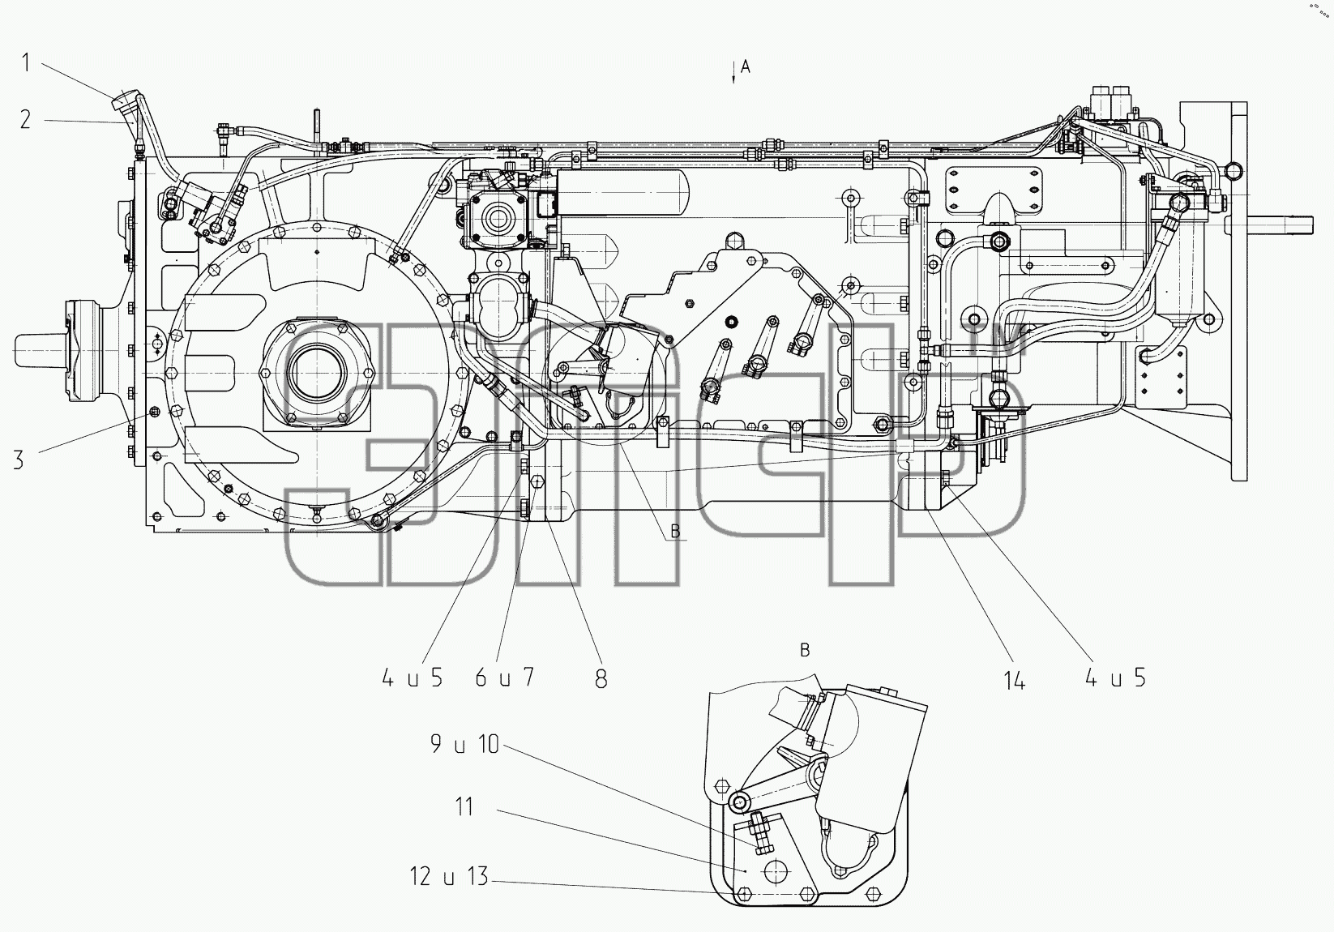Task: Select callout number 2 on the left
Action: pyautogui.click(x=25, y=120)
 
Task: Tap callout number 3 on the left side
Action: pyautogui.click(x=19, y=460)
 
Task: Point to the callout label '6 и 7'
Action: pyautogui.click(x=504, y=677)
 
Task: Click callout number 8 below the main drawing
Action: pyautogui.click(x=601, y=678)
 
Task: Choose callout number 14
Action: pyautogui.click(x=1014, y=679)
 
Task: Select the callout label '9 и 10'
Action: pyautogui.click(x=464, y=745)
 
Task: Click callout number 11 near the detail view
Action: pyautogui.click(x=464, y=807)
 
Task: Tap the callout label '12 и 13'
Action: pyautogui.click(x=449, y=876)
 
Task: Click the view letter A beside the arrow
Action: pyautogui.click(x=745, y=67)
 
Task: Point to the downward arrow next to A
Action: pyautogui.click(x=733, y=71)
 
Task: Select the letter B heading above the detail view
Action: pyautogui.click(x=805, y=650)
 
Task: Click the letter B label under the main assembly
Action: pyautogui.click(x=675, y=531)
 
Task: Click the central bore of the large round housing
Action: pyautogui.click(x=316, y=373)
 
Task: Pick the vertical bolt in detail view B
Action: pyautogui.click(x=759, y=834)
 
